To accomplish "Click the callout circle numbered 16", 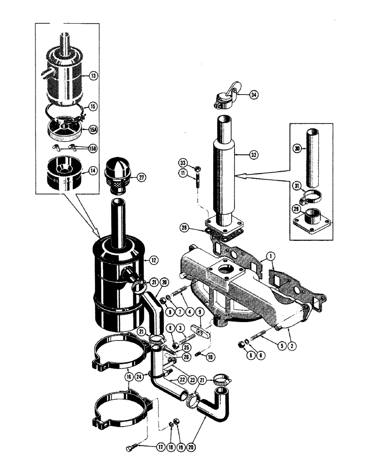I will (x=129, y=377).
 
